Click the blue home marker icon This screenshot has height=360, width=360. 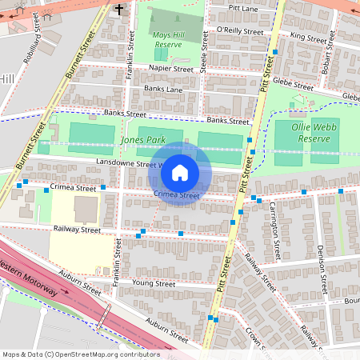click(180, 172)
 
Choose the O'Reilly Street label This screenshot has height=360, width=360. click(239, 30)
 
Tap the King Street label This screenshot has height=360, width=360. click(309, 37)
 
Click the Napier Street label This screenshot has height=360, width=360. click(171, 70)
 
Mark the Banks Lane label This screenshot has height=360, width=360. click(165, 90)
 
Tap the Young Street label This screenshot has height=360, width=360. click(153, 283)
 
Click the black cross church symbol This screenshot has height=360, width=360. click(120, 10)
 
